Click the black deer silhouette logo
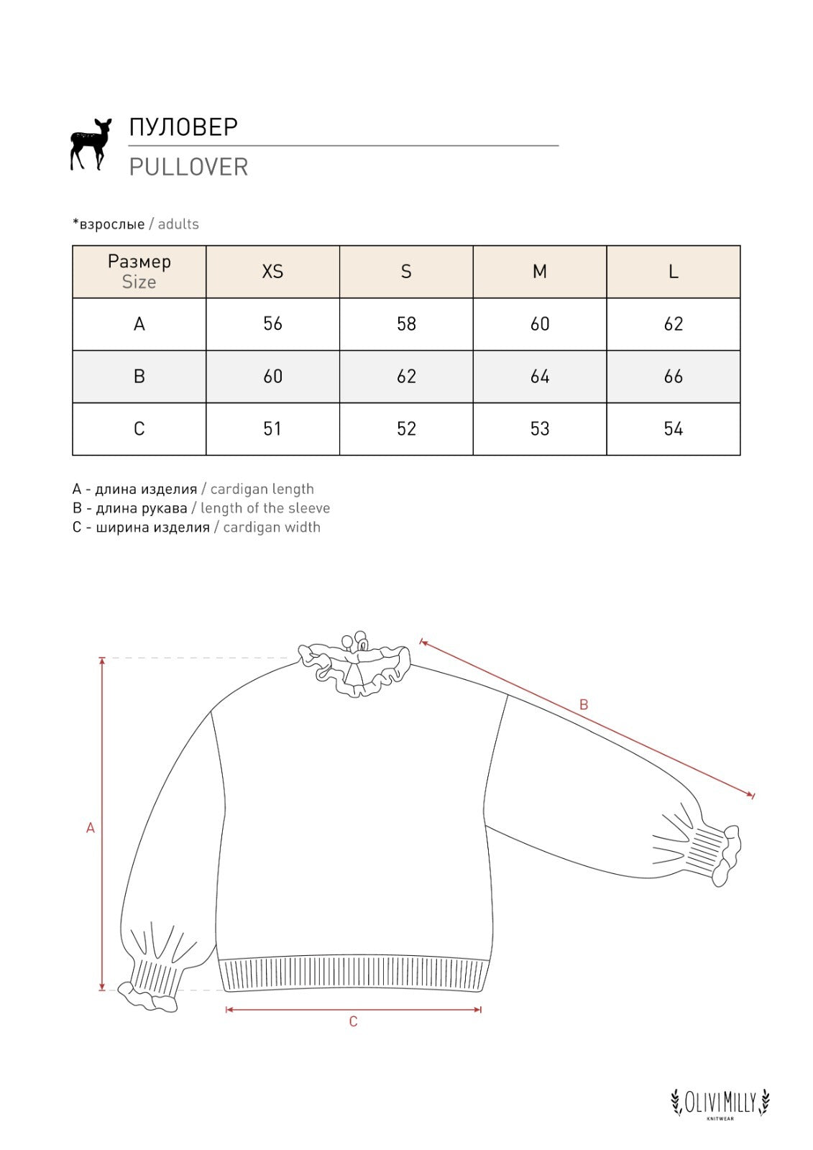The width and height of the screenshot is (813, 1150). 90,144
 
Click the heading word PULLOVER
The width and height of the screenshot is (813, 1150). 188,167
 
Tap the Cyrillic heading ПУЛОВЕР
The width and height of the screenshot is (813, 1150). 183,126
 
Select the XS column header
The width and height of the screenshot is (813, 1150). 272,272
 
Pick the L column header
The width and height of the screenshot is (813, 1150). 673,272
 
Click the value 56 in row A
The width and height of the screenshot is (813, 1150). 272,324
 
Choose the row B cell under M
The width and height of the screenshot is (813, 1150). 540,377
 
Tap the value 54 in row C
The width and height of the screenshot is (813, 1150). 673,429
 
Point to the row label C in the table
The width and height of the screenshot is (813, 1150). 139,429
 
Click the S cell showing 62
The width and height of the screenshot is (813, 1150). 406,377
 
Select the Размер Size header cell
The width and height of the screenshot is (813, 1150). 139,272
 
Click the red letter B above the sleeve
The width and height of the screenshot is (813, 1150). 584,705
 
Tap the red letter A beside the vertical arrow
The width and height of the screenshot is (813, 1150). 91,828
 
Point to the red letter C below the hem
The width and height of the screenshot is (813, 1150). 353,1021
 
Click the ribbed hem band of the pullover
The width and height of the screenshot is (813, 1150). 353,974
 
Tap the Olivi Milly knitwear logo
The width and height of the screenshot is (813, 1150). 720,1103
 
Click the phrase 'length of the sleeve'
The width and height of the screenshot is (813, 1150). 265,508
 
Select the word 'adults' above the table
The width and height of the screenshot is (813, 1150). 178,224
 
